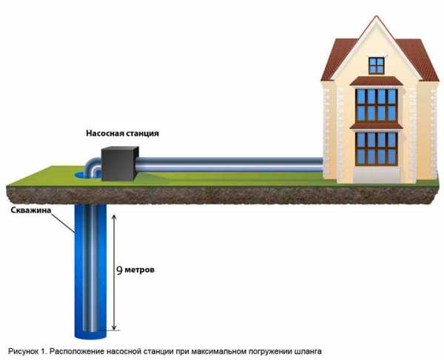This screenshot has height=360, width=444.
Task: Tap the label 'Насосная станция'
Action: [x=121, y=133]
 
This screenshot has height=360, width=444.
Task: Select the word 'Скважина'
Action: [x=31, y=210]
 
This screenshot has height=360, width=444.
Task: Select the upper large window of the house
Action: [x=377, y=104]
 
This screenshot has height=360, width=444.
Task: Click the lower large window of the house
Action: [x=377, y=148]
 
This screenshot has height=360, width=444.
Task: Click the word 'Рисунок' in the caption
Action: [x=27, y=348]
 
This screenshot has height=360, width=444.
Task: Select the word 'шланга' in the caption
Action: [x=307, y=348]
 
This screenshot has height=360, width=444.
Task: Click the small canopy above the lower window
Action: [x=377, y=125]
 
